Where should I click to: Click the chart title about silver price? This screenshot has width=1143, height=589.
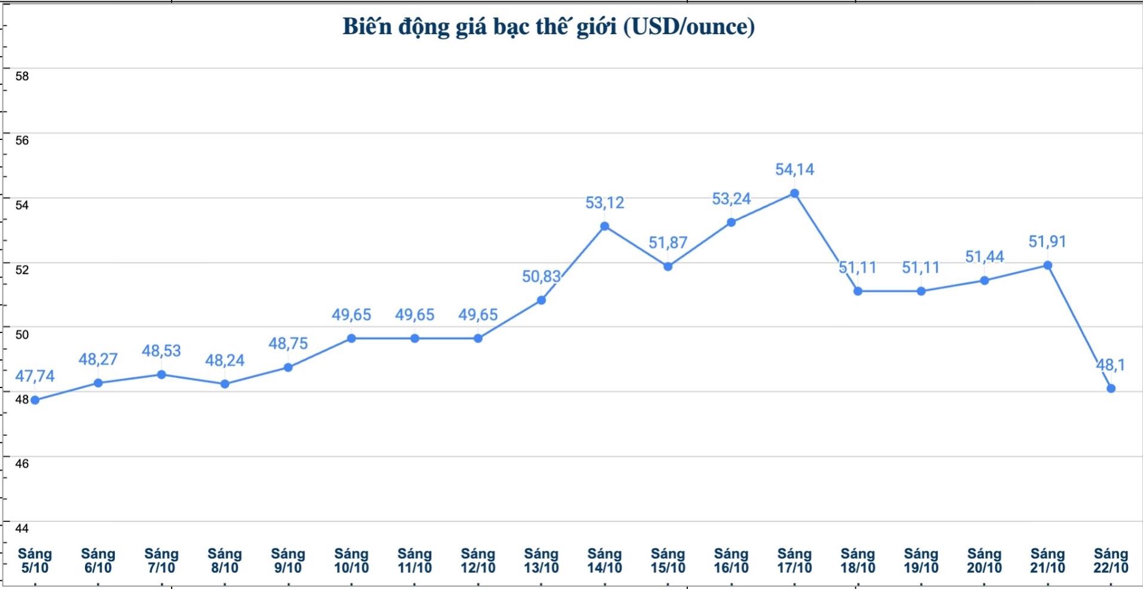click(x=548, y=27)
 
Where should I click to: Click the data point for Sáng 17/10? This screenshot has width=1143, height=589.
click(x=794, y=193)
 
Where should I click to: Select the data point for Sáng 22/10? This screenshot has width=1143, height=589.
click(x=1111, y=389)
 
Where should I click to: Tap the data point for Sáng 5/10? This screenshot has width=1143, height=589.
click(x=35, y=400)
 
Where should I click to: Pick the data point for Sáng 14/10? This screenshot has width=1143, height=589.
click(x=605, y=227)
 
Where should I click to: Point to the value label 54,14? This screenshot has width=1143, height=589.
click(x=794, y=170)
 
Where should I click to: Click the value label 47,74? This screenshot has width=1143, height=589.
click(x=35, y=376)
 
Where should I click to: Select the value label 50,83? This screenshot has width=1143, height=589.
click(x=541, y=276)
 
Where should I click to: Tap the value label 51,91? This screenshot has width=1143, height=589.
click(x=1047, y=242)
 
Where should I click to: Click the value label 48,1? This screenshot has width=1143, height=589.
click(x=1110, y=365)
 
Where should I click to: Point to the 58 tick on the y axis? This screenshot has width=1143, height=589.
click(x=22, y=76)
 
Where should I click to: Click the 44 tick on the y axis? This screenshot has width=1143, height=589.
click(x=22, y=528)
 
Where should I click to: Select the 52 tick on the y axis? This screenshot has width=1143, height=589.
click(x=22, y=270)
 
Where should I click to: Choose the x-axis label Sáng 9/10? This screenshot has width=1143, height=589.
click(x=288, y=561)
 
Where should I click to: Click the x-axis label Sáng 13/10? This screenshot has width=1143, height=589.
click(x=541, y=561)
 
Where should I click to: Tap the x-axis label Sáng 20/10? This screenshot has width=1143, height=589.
click(x=984, y=561)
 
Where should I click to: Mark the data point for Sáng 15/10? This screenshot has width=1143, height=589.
click(x=668, y=267)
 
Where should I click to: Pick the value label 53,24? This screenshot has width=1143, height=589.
click(x=731, y=199)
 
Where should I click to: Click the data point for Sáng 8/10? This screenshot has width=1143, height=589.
click(x=225, y=384)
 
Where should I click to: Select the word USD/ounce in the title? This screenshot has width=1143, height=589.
click(x=688, y=27)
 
